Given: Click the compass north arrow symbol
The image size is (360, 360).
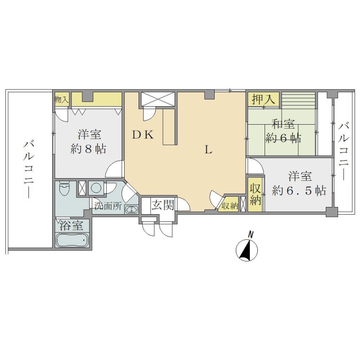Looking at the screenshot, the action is pyautogui.click(x=247, y=250).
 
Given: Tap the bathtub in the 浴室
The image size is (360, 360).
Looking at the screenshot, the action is pyautogui.click(x=72, y=240).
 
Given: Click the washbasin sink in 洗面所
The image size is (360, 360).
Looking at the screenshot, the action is pyautogui.click(x=131, y=209).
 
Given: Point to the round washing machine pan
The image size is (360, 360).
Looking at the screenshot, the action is pyautogui.click(x=96, y=188).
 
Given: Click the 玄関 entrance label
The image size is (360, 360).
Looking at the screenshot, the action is pyautogui.click(x=162, y=205).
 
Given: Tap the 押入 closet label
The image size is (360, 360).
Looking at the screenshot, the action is pyautogui.click(x=263, y=99).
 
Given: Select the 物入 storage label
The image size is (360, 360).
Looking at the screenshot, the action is pyautogui.click(x=62, y=100).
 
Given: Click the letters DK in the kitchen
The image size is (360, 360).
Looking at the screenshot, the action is pyautogui.click(x=143, y=135).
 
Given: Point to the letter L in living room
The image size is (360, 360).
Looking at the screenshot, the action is pyautogui.click(x=208, y=150).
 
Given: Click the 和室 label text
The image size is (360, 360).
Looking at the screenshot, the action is pyautogui.click(x=283, y=125).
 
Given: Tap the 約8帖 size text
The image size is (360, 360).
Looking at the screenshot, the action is pyautogui.click(x=88, y=149).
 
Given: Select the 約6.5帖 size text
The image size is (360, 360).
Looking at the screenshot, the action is pyautogui.click(x=299, y=190).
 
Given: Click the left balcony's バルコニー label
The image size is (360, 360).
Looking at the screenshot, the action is pyautogui.click(x=29, y=171).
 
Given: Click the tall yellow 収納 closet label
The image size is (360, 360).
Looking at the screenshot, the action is pyautogui.click(x=255, y=194).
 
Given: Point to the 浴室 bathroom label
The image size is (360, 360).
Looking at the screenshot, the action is pyautogui.click(x=71, y=225).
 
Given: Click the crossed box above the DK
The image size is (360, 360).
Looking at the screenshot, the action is pyautogui.click(x=158, y=99).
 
